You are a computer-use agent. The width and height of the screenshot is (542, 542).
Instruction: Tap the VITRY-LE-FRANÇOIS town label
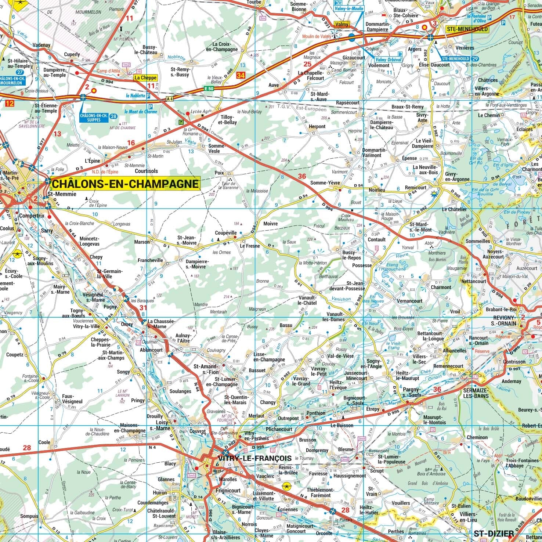254,458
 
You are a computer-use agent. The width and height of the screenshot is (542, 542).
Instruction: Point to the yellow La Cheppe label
145,78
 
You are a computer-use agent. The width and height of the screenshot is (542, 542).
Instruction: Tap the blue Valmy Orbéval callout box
388,59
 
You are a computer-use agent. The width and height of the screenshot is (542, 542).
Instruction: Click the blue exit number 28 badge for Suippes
113,116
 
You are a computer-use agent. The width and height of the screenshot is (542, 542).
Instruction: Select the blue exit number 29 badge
475,59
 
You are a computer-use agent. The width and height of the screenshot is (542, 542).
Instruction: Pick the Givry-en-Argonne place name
457,176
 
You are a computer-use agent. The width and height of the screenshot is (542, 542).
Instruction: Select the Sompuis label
29,516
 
